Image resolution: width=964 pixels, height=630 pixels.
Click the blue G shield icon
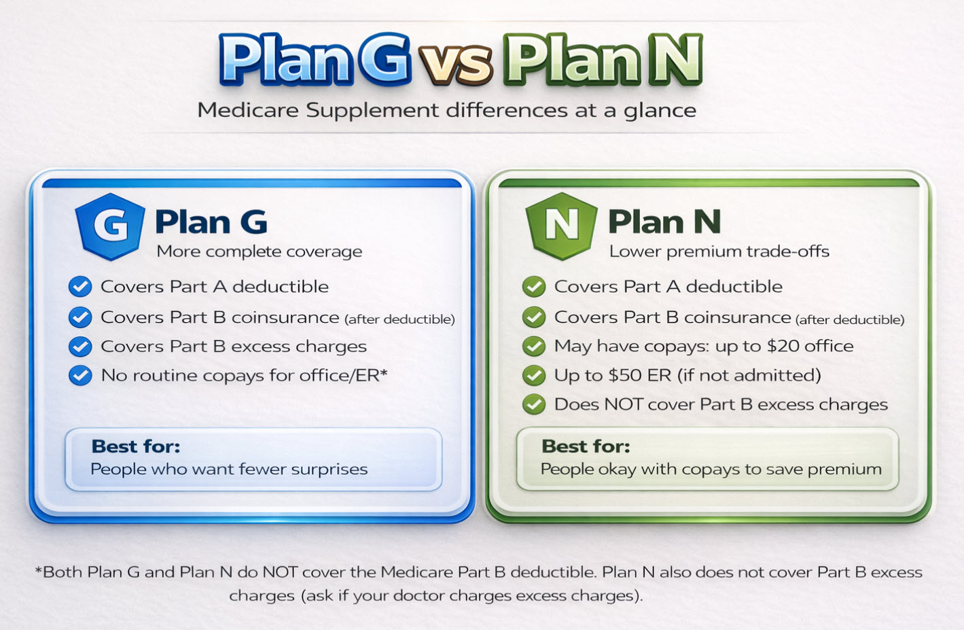tap(110, 226)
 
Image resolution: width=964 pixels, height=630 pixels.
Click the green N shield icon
tap(561, 226)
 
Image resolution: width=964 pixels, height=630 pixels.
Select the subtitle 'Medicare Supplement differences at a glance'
tap(446, 110)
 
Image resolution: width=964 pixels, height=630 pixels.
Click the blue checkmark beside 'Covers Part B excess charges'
tap(80, 347)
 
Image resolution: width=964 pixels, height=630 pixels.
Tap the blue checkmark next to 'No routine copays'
tap(80, 375)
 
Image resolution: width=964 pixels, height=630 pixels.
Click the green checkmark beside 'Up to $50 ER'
tap(534, 375)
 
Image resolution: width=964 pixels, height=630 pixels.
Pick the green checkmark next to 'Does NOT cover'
tap(534, 404)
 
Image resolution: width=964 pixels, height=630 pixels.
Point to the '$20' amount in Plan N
tap(783, 346)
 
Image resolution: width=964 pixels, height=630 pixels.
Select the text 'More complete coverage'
tap(259, 251)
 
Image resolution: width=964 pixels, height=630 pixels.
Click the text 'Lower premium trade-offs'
tap(719, 251)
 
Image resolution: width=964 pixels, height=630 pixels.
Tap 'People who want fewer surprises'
tap(229, 469)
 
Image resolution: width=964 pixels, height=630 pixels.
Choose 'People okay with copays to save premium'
tap(711, 469)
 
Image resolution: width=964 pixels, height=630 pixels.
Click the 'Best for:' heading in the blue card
tap(136, 447)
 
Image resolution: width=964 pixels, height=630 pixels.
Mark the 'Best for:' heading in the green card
tap(586, 447)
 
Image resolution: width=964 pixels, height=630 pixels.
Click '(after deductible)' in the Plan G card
tap(399, 319)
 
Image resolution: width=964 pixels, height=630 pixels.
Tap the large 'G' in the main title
tap(384, 60)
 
